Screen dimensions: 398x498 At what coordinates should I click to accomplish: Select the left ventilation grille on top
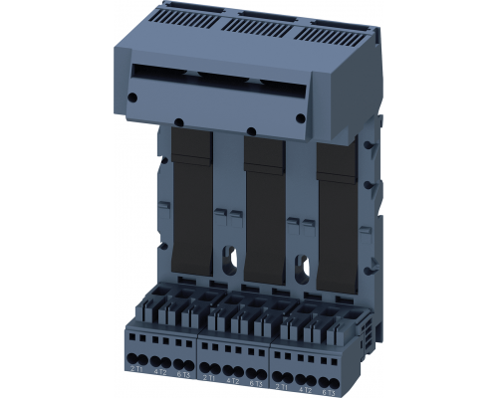pyautogui.click(x=184, y=16)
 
